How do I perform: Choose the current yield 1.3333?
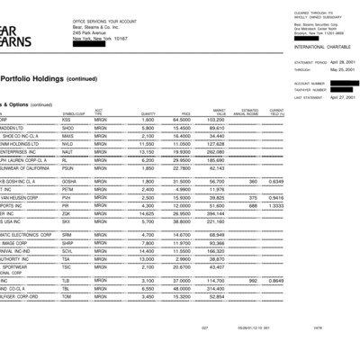(x=346, y=205)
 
